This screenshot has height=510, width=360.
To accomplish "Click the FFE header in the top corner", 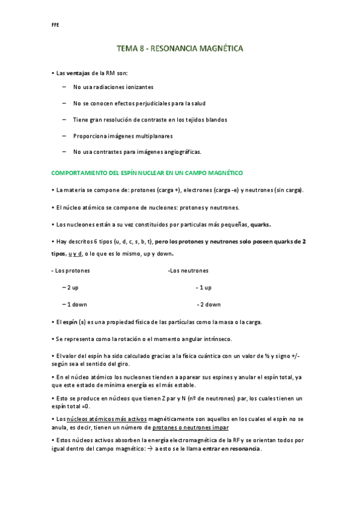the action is [55, 25].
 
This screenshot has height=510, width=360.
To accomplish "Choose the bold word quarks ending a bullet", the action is [260, 224].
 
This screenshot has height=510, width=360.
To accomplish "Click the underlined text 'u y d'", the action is [75, 254].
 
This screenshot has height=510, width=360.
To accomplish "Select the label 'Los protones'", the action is [70, 271].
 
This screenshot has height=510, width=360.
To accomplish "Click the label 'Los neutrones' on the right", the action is [189, 271].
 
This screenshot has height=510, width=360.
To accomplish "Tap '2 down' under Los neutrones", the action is [210, 304].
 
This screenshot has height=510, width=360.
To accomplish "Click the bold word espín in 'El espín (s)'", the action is [70, 322].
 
